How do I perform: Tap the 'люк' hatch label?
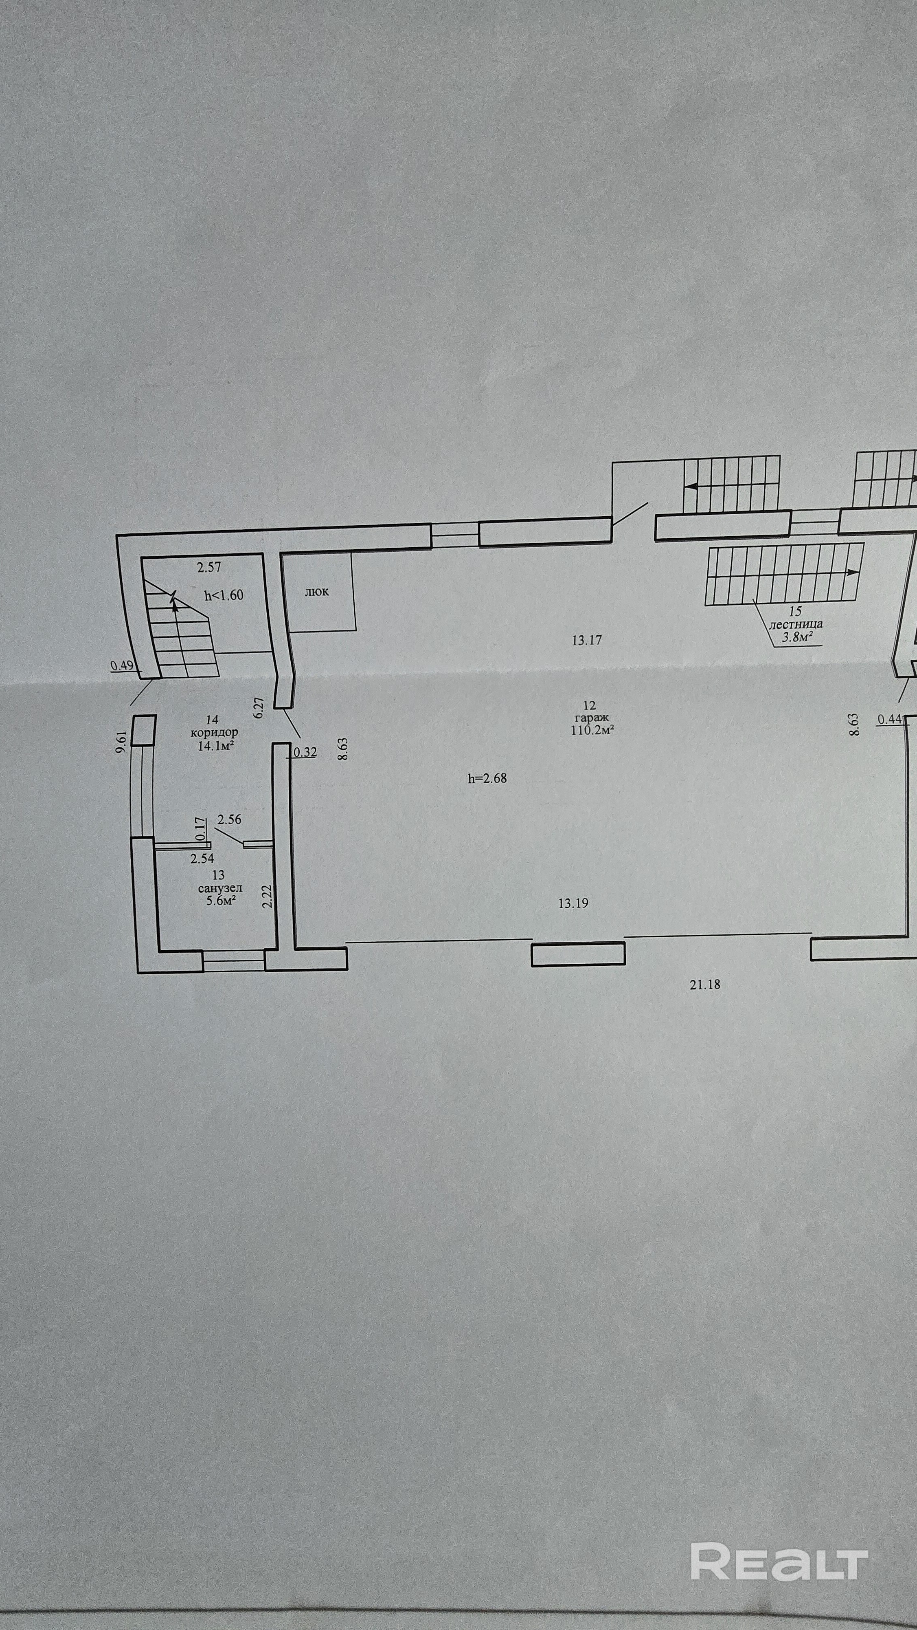click(x=316, y=592)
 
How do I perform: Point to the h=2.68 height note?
click(x=487, y=779)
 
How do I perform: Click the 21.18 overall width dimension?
click(x=705, y=985)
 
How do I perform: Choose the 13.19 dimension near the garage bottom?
click(x=573, y=903)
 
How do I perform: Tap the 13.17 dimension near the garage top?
click(x=586, y=640)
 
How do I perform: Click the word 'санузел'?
click(x=219, y=888)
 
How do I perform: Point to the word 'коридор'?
click(x=215, y=732)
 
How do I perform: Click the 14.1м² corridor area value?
click(x=213, y=745)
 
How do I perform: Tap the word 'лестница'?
click(x=796, y=624)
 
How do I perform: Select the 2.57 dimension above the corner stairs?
click(x=209, y=567)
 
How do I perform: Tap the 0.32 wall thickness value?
click(x=305, y=752)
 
